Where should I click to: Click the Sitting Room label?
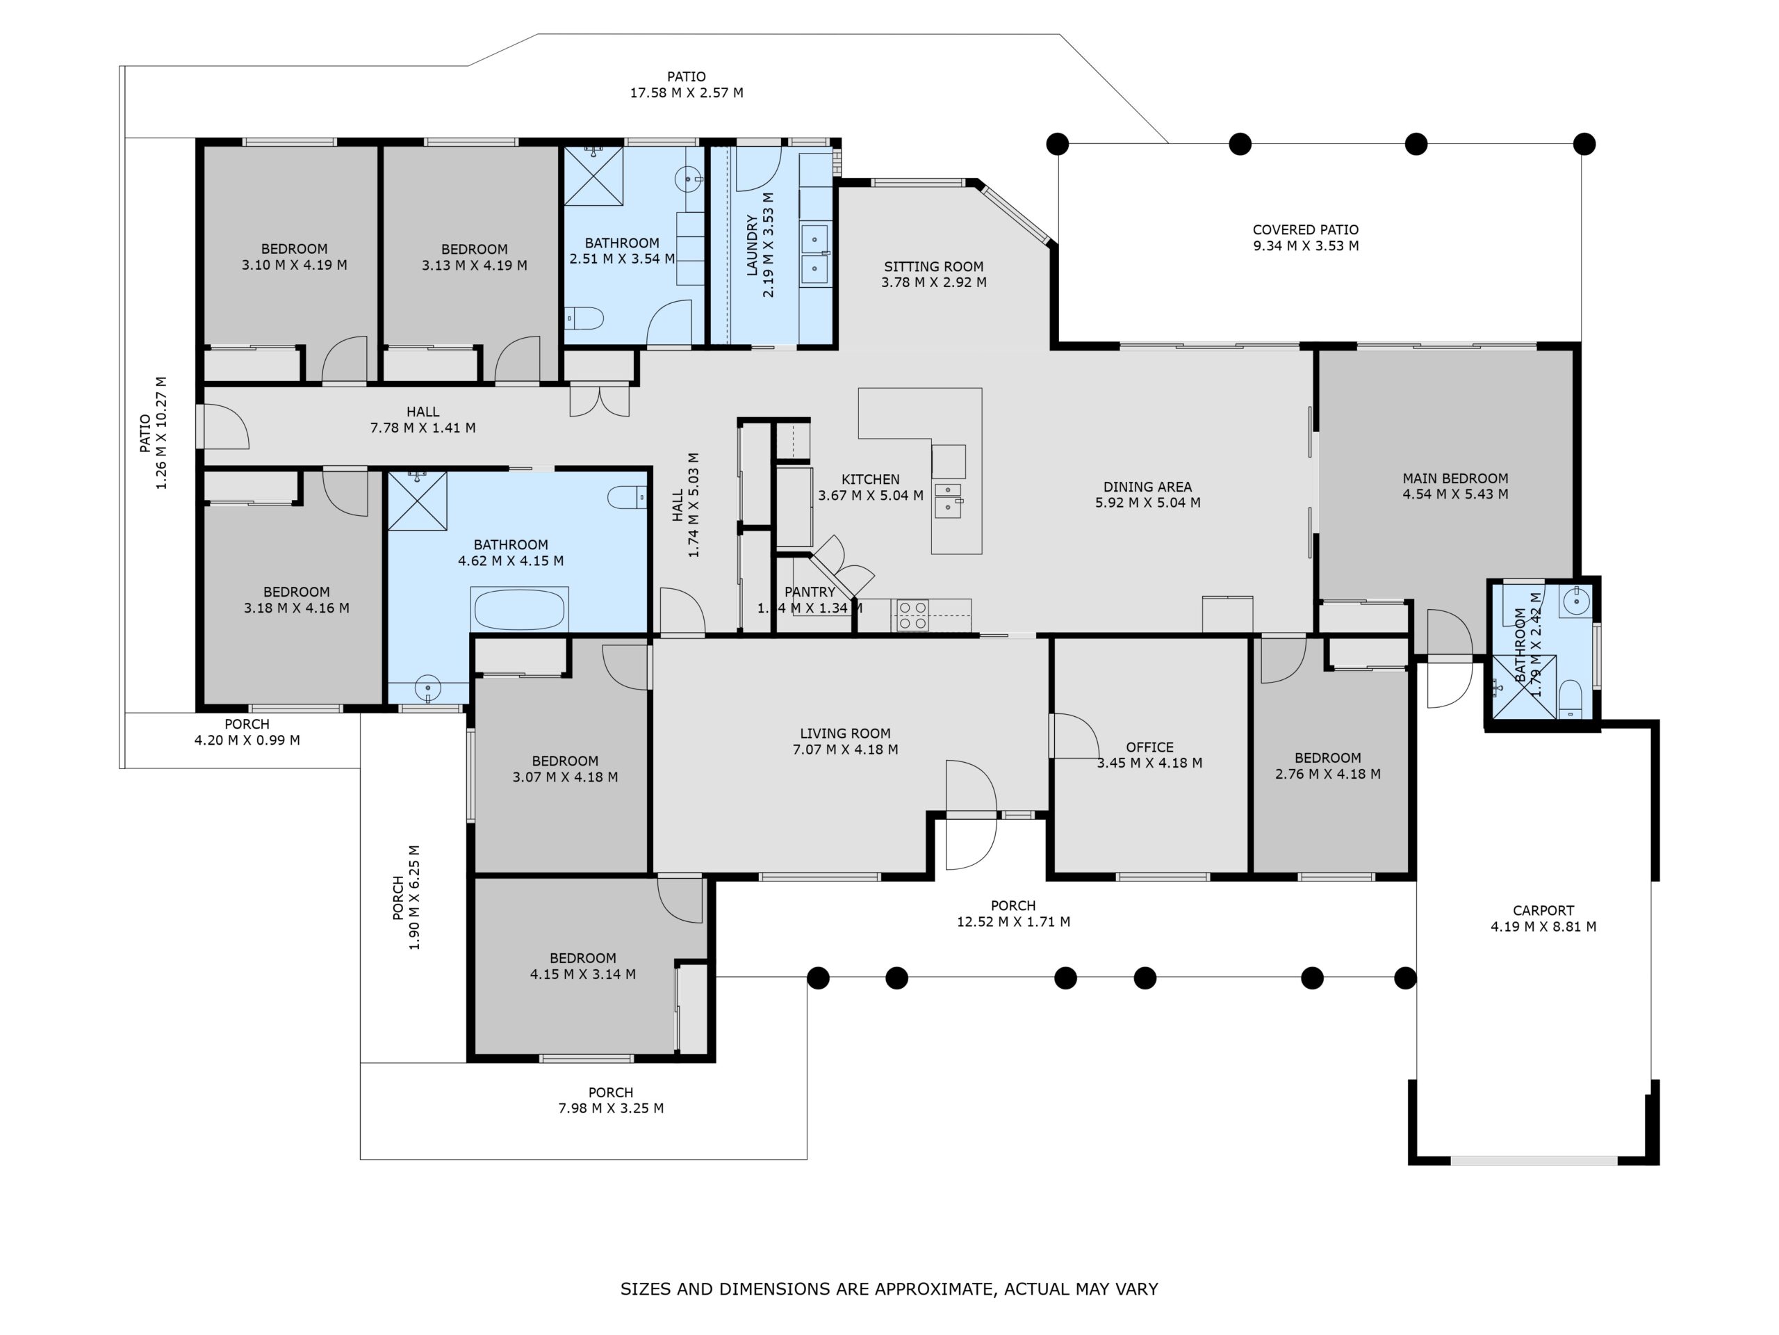click(933, 266)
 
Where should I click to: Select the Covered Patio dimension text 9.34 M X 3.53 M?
click(1305, 246)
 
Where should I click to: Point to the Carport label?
click(1543, 910)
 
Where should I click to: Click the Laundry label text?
click(752, 245)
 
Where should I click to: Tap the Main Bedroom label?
click(1455, 478)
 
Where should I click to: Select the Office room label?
click(1149, 747)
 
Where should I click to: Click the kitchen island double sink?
click(948, 500)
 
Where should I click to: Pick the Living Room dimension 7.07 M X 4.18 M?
click(844, 749)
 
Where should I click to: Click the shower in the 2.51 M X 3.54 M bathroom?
click(593, 175)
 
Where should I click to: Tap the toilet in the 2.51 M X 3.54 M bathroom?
click(584, 318)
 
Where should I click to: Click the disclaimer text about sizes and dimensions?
click(889, 1288)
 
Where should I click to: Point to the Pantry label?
click(809, 592)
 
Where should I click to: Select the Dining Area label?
click(1147, 486)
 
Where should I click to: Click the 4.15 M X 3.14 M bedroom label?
click(582, 957)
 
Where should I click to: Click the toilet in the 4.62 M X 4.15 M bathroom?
click(627, 497)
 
